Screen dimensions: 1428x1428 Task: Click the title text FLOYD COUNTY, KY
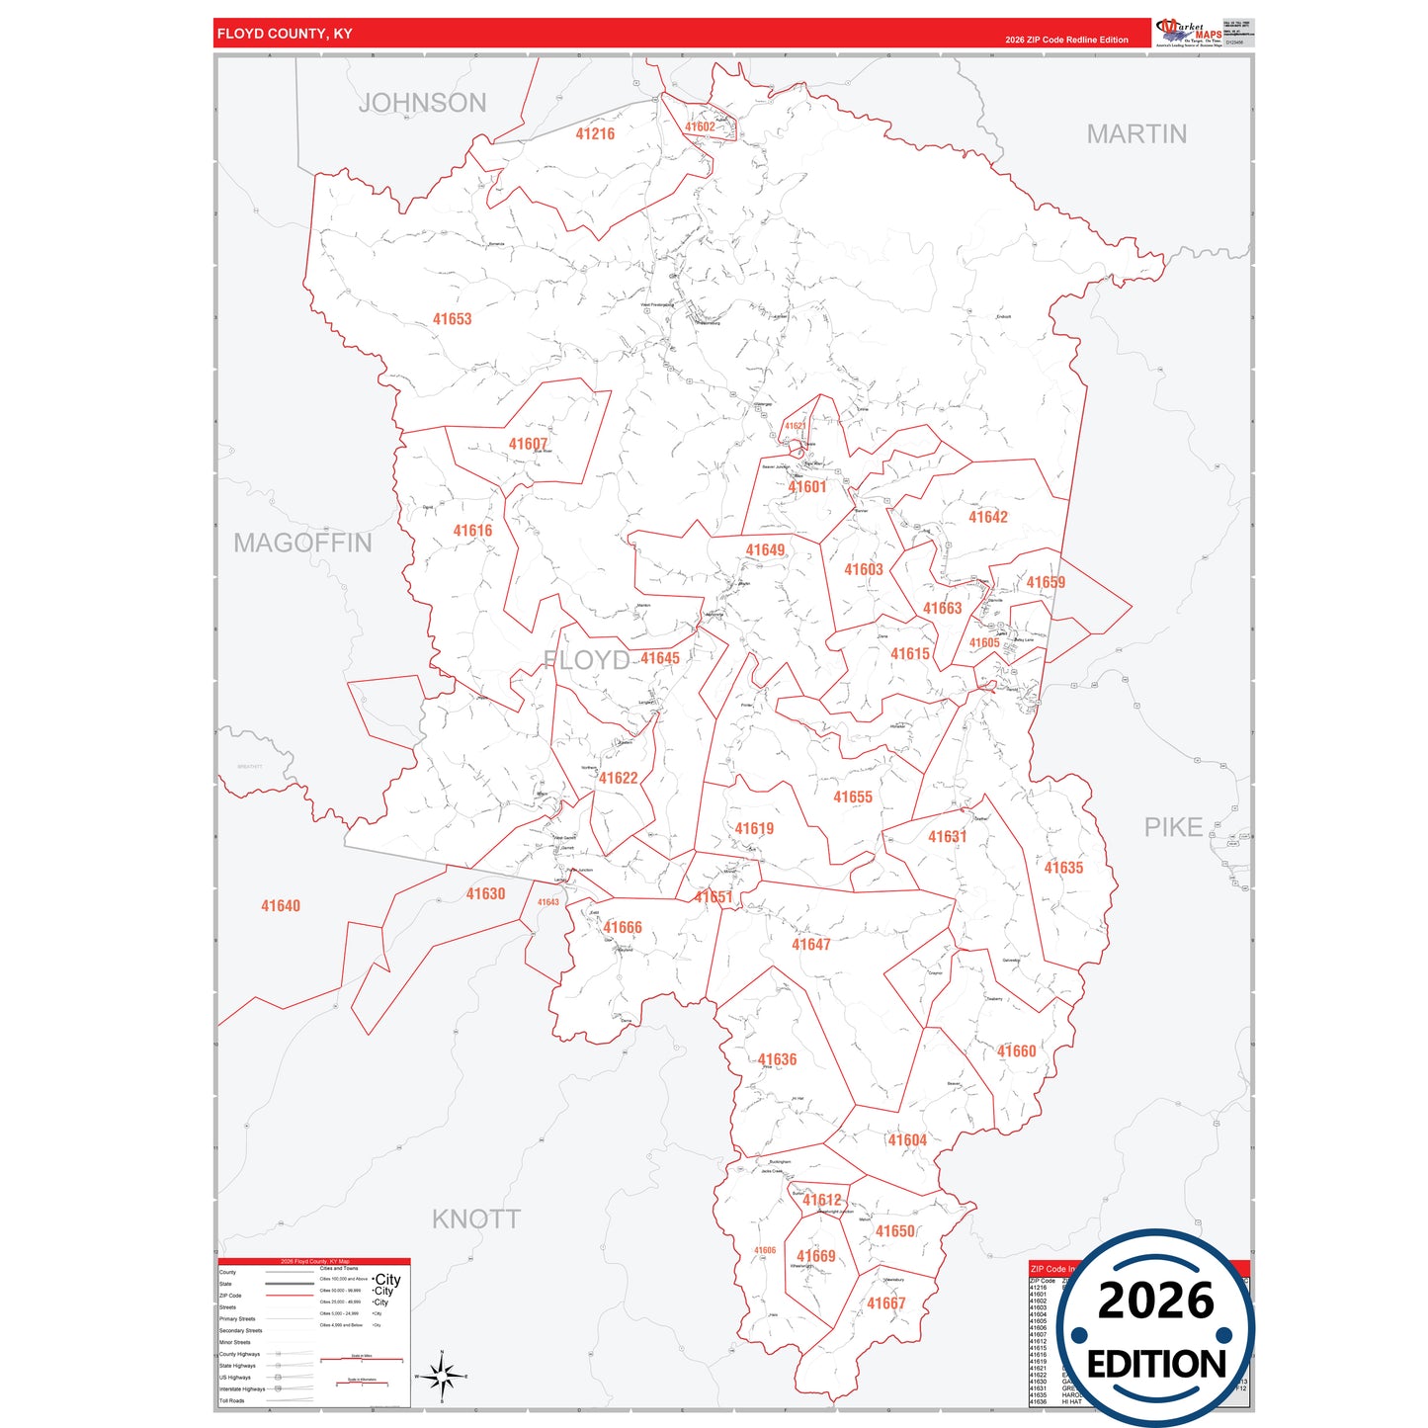[x=285, y=34]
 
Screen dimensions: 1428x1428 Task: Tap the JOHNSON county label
[x=422, y=103]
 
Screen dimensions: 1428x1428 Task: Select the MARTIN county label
[x=1136, y=134]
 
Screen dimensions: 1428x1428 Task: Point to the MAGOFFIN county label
[x=302, y=543]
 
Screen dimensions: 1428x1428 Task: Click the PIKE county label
[x=1173, y=827]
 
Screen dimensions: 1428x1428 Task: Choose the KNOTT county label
[x=475, y=1218]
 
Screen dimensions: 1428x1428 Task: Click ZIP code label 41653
[x=452, y=319]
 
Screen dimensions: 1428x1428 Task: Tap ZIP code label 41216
[x=595, y=134]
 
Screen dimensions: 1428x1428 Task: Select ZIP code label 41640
[x=281, y=906]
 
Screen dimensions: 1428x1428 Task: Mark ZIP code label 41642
[x=987, y=517]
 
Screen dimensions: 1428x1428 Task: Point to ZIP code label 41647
[x=810, y=945]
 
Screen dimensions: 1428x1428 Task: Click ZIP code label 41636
[x=777, y=1059]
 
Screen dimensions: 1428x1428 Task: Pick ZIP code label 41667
[x=885, y=1303]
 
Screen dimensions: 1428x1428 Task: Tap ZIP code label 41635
[x=1063, y=868]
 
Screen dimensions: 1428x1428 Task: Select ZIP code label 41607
[x=528, y=445]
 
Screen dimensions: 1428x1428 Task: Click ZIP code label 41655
[x=852, y=797]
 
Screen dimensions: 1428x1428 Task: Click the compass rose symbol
[x=442, y=1376]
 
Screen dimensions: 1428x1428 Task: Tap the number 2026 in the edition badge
[x=1155, y=1302]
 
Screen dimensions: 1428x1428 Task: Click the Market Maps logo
[x=1189, y=32]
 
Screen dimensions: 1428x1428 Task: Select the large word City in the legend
[x=387, y=1279]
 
